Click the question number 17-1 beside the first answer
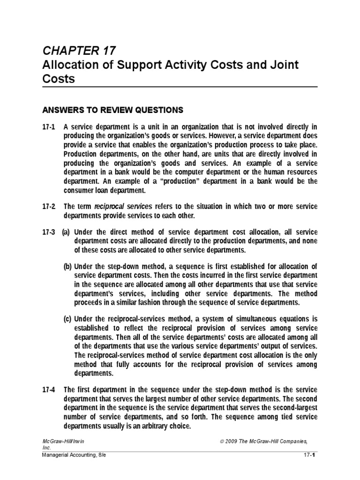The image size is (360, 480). (x=48, y=127)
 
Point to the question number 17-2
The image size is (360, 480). (x=48, y=206)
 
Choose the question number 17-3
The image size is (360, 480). (x=48, y=232)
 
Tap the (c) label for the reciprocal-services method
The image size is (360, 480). (x=68, y=319)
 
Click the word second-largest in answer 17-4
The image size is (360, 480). (x=291, y=408)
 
